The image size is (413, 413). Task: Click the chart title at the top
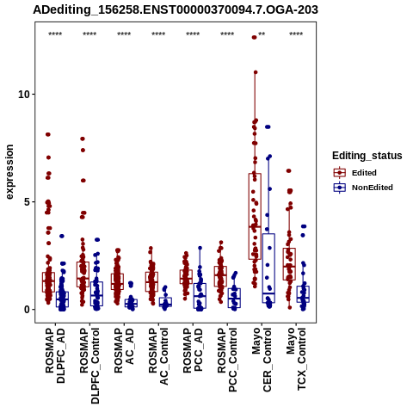pos(176,10)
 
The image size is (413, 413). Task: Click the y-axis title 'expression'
pos(9,172)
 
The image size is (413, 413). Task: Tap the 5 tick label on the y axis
pos(28,202)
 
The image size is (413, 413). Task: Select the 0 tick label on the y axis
pos(28,310)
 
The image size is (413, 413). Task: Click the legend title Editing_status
pos(367,156)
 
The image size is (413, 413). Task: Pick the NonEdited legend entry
pos(363,188)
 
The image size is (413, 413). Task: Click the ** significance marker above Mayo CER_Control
pos(262,34)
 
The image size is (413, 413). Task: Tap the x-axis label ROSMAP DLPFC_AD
pos(55,355)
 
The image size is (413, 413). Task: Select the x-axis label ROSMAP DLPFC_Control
pos(89,366)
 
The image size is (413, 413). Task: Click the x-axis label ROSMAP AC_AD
pos(124,350)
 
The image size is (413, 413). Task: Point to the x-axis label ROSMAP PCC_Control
pos(227,361)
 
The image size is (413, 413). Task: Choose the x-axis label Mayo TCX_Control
pos(296,360)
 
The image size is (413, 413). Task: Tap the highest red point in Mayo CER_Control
pos(254,37)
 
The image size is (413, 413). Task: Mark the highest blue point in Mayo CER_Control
pos(268,127)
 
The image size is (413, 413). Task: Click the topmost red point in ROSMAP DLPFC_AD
pos(48,134)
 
